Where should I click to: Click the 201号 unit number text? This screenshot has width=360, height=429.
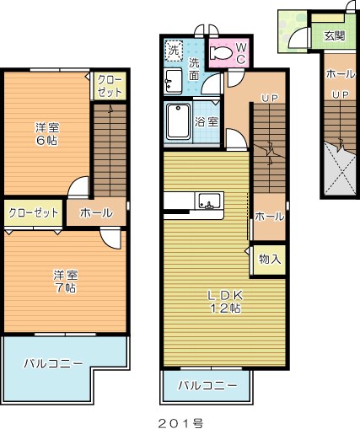(179, 421)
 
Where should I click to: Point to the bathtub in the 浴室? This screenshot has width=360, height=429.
(179, 122)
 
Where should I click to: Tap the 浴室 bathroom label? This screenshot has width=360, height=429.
(207, 121)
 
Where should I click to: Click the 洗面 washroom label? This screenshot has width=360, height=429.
(195, 69)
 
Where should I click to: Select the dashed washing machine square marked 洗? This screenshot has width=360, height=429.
(174, 50)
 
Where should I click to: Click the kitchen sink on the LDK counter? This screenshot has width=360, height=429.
(209, 201)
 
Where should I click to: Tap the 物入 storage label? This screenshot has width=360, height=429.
(271, 259)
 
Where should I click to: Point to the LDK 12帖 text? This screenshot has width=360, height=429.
(226, 301)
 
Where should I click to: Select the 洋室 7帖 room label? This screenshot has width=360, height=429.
(65, 282)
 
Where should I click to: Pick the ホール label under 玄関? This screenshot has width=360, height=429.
(340, 74)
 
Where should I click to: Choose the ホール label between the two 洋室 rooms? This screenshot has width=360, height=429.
(96, 213)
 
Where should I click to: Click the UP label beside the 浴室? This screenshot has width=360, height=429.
(269, 99)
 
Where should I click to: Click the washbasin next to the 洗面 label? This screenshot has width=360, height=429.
(173, 80)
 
